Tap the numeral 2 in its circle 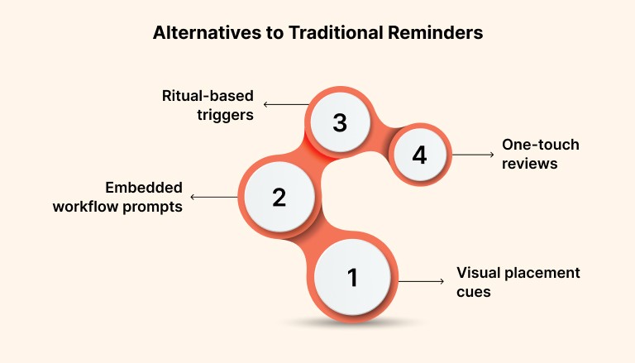point(279,197)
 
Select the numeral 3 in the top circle point(339,123)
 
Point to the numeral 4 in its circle point(419,155)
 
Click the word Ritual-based point(207,96)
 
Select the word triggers point(225,115)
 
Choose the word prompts point(154,207)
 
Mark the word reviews point(530,164)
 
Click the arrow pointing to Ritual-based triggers point(284,105)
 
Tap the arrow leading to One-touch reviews point(472,155)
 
